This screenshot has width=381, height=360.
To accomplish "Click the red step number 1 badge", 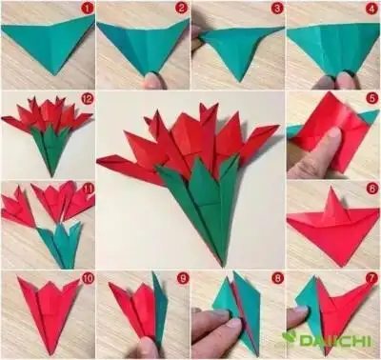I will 87,10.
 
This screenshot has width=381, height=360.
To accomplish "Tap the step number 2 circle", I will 181,10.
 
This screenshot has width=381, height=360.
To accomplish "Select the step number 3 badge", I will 276,10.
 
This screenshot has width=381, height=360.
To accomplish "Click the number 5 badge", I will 371,99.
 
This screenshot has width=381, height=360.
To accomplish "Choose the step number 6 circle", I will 371,190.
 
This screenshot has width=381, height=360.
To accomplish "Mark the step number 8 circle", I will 276,279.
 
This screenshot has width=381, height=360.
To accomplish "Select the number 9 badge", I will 181,279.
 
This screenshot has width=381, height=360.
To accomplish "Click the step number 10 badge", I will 87,279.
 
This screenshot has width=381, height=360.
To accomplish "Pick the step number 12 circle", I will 87,99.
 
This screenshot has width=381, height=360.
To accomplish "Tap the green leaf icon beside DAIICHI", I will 290,337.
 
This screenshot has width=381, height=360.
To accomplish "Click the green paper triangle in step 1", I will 48,43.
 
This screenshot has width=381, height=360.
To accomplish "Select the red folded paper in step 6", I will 329,229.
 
